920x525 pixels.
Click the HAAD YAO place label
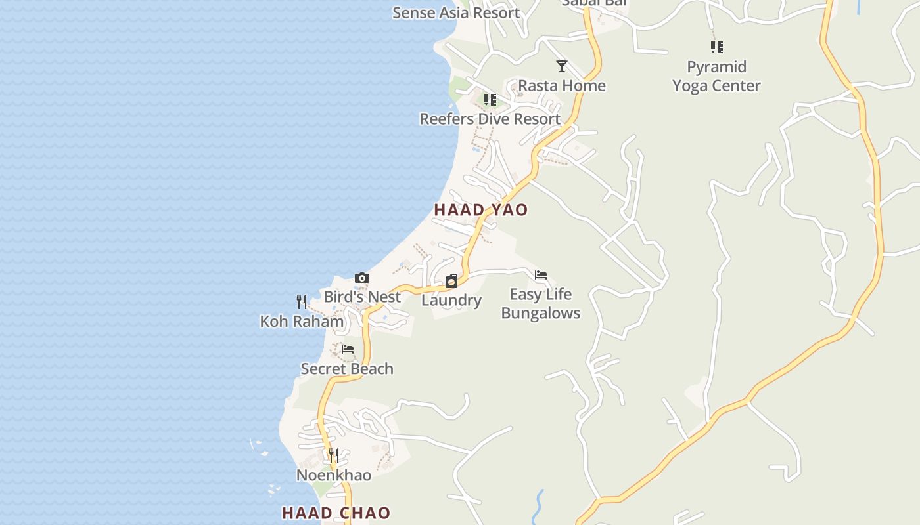[x=481, y=210]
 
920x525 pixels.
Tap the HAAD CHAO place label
[x=336, y=513]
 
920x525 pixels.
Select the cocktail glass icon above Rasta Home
[x=562, y=66]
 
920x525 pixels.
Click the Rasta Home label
[x=562, y=85]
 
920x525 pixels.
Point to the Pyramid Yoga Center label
[x=716, y=76]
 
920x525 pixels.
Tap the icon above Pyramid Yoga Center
[x=717, y=47]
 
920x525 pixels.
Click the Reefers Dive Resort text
[x=490, y=119]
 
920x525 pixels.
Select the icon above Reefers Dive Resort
[x=490, y=99]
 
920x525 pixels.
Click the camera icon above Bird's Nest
[x=362, y=278]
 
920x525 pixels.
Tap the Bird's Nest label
[x=362, y=297]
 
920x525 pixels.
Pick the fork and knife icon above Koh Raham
[x=302, y=302]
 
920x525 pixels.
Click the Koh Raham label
[x=302, y=322]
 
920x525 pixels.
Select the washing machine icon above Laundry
[x=451, y=281]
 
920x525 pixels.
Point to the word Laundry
[x=451, y=301]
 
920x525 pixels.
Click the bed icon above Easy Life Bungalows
[x=541, y=275]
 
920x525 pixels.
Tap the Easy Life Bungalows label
[x=541, y=303]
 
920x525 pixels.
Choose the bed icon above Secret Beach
[x=348, y=349]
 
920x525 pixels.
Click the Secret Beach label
[x=347, y=369]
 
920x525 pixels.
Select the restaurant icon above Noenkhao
[x=334, y=455]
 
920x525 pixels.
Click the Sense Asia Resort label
[x=456, y=12]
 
